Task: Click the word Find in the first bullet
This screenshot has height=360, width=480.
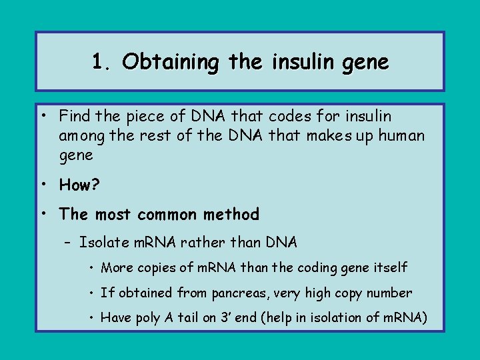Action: [74, 116]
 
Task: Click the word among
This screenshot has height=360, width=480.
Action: [79, 136]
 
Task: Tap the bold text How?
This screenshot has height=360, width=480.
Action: [79, 184]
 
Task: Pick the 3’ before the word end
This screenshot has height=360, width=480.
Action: [225, 317]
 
